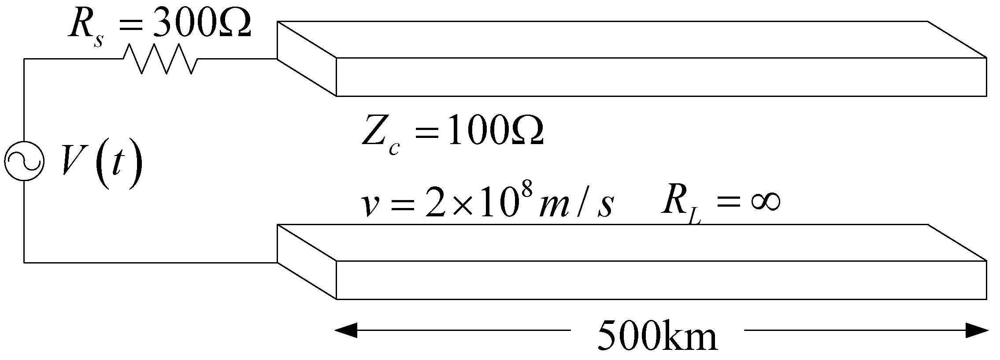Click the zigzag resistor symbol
coord(160,59)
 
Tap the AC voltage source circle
coord(24,160)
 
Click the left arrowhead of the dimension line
coord(346,330)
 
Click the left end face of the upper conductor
coord(307,58)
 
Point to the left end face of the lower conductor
coord(307,262)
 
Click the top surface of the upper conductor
coord(630,45)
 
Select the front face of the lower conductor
coord(661,280)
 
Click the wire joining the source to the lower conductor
coord(150,263)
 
